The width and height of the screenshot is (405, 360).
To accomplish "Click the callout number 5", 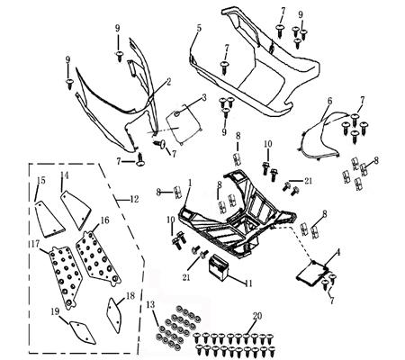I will [197, 29].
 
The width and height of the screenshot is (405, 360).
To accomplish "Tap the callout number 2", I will [166, 82].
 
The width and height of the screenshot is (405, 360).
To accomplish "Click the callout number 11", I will [248, 282].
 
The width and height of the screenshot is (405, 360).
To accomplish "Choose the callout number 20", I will [257, 317].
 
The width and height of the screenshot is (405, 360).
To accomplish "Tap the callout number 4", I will [337, 253].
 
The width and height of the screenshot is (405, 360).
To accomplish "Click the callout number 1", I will [190, 183].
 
